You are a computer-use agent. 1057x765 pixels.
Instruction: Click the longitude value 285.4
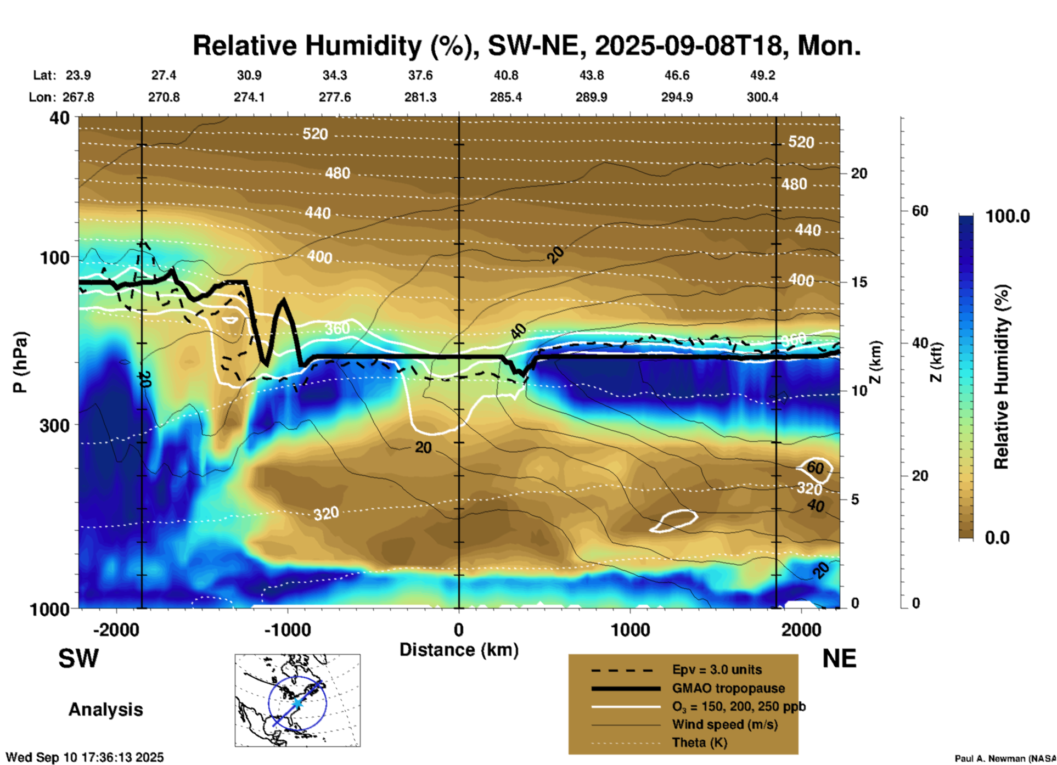click(506, 97)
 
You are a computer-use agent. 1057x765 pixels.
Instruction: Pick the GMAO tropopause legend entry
click(728, 688)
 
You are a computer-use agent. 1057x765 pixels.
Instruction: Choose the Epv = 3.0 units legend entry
click(716, 670)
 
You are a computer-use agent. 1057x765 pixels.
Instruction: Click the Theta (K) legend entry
click(699, 743)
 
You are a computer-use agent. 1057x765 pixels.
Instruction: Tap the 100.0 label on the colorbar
click(1008, 216)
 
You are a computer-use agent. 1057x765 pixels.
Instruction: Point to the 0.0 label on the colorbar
click(997, 537)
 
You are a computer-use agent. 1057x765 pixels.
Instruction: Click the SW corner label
click(78, 659)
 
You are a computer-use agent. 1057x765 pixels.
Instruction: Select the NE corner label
click(839, 659)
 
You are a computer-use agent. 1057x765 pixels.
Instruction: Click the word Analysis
click(105, 710)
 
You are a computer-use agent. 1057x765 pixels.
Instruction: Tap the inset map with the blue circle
click(297, 700)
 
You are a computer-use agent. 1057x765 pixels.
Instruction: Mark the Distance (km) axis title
click(459, 650)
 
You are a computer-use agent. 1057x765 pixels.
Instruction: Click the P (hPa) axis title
click(20, 362)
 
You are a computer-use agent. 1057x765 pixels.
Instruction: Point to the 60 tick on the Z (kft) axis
click(920, 211)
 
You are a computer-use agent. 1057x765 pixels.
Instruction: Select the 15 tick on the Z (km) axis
click(859, 282)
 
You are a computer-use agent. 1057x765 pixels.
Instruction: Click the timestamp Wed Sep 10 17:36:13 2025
click(85, 757)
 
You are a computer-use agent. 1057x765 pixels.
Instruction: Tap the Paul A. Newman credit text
click(1004, 758)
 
